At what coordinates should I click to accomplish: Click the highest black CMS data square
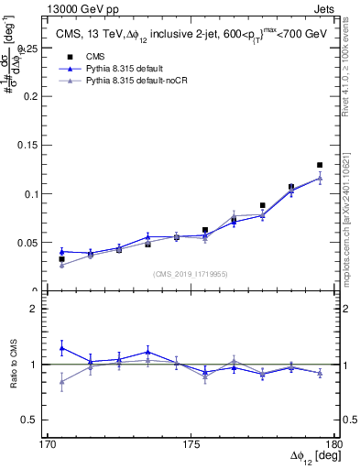(320, 165)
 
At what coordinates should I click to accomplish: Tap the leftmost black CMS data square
(61, 259)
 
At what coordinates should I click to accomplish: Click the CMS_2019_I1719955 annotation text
(191, 272)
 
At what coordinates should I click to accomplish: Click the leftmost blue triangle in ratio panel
(61, 347)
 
